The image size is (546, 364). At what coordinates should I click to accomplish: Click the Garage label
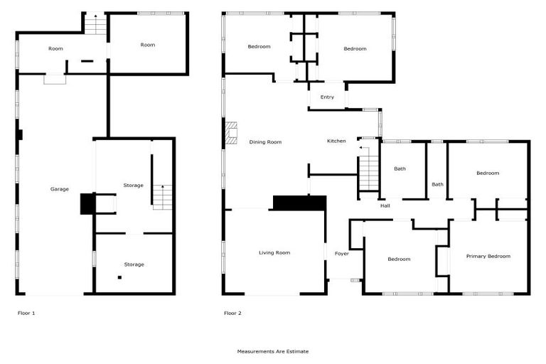pos(59,189)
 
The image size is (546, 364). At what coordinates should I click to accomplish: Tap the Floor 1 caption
pos(26,313)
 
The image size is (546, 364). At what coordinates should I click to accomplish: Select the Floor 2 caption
pos(232,313)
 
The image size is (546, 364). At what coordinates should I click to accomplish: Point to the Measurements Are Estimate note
pos(273,351)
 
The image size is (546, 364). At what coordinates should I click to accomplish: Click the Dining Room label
pos(265,142)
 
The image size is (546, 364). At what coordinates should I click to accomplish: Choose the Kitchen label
pos(336,141)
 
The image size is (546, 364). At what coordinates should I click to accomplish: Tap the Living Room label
pos(274,252)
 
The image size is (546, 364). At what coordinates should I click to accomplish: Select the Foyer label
pos(342,253)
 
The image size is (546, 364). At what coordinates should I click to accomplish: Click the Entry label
pos(327,97)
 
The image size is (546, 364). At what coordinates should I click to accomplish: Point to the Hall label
pos(385,205)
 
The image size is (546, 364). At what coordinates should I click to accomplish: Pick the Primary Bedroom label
pos(488,256)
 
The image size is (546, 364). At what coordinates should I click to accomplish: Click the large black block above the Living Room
pos(299,203)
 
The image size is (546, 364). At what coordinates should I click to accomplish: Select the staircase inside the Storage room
pos(163,197)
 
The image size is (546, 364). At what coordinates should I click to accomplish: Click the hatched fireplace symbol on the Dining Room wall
pos(231,133)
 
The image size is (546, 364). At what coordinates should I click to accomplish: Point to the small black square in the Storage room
pos(120,277)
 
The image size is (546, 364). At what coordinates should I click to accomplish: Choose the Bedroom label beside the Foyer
pos(399,259)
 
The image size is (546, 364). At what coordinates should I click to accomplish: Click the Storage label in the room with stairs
pos(134,185)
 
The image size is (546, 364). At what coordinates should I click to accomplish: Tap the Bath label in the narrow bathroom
pos(437,185)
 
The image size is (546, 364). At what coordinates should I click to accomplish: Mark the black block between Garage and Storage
pos(87,203)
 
